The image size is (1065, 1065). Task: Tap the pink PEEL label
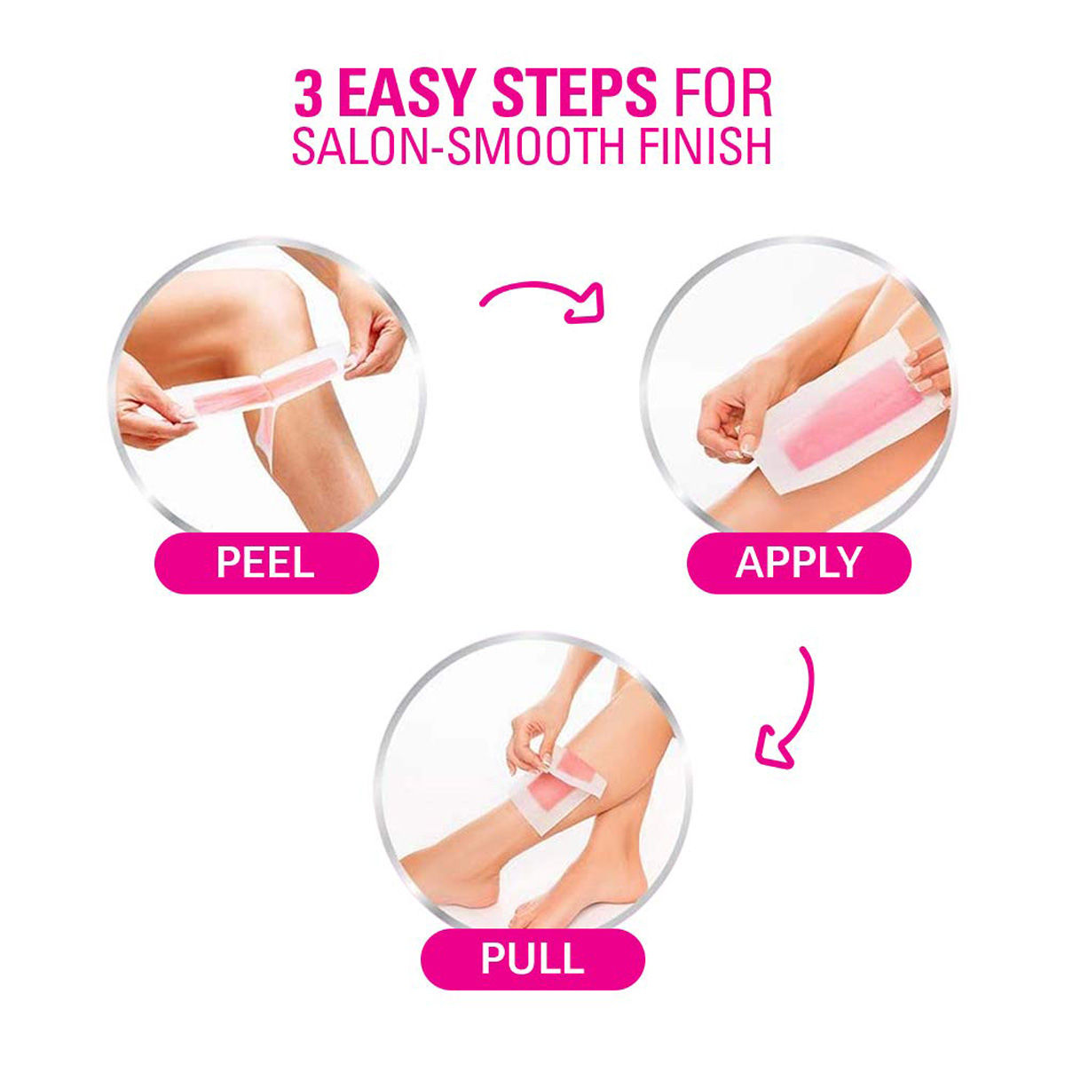pyautogui.click(x=266, y=564)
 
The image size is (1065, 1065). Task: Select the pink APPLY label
pyautogui.click(x=799, y=564)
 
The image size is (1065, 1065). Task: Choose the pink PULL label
pyautogui.click(x=532, y=959)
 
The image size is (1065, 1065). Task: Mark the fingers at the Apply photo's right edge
pyautogui.click(x=927, y=368)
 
